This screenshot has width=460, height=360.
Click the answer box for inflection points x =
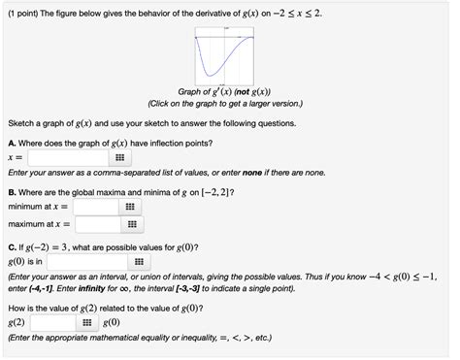[x=67, y=156]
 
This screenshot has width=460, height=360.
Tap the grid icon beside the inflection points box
[x=119, y=156]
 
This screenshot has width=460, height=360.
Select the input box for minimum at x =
[x=96, y=207]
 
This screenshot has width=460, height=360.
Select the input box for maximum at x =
[x=96, y=224]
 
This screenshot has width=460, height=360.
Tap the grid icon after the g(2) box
[x=86, y=322]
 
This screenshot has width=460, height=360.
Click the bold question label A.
[x=12, y=142]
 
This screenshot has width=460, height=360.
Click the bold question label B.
[x=12, y=191]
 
